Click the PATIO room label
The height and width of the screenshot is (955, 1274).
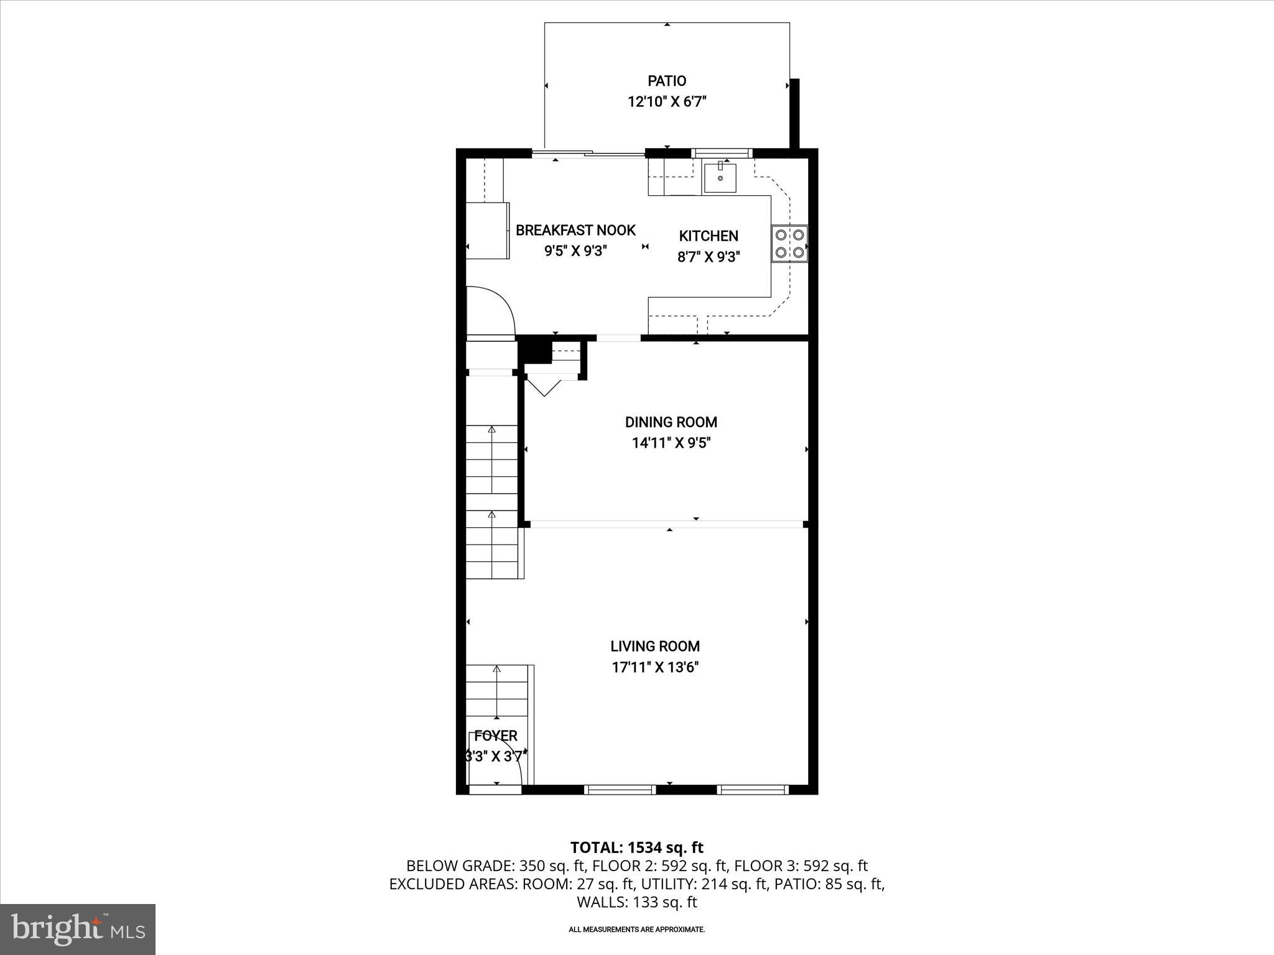(x=667, y=81)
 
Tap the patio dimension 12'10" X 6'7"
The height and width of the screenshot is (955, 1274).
(x=667, y=102)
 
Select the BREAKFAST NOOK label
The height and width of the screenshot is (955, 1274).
(x=575, y=231)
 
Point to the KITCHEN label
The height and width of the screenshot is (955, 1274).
(x=709, y=236)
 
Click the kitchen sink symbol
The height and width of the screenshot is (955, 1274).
(x=720, y=178)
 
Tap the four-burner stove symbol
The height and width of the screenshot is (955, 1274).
(x=789, y=244)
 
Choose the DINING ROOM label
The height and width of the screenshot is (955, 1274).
(x=671, y=423)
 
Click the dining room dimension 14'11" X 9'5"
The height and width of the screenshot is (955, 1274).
(x=671, y=443)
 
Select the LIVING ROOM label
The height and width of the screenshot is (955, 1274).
(x=655, y=647)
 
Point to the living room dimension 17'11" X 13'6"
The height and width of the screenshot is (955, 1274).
(x=655, y=668)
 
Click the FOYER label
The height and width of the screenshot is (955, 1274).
(x=496, y=736)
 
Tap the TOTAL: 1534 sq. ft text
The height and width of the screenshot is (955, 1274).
(x=636, y=847)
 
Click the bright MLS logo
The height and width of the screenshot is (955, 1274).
(x=78, y=929)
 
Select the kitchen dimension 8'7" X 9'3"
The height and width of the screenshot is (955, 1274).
(x=709, y=257)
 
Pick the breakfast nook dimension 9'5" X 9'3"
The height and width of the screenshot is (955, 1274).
(x=575, y=251)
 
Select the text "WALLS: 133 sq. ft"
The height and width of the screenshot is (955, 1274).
(x=636, y=902)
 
